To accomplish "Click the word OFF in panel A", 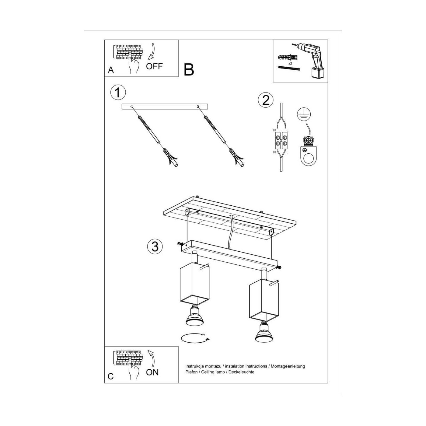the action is [154, 66].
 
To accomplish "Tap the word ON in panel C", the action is [152, 372].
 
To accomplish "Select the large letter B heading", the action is [189, 70].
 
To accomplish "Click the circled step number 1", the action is [118, 93].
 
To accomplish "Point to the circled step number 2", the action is [266, 100].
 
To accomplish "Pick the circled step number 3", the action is [155, 246].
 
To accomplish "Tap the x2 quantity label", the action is [290, 64].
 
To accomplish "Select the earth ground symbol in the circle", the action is [304, 114].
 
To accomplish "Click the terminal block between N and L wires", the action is [281, 141].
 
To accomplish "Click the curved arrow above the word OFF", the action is [152, 52].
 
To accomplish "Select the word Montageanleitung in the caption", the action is [288, 366].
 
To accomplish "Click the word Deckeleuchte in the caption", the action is [241, 372].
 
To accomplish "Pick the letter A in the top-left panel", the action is [111, 70].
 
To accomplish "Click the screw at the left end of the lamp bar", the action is [181, 244].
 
